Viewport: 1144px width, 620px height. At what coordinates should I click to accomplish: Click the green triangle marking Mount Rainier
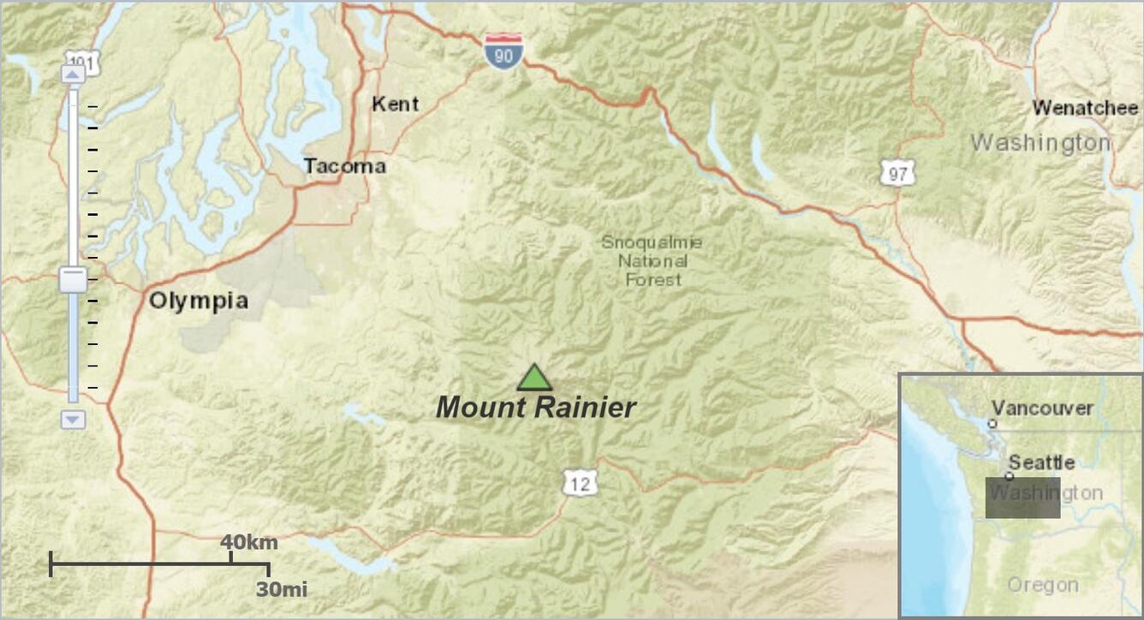tap(534, 379)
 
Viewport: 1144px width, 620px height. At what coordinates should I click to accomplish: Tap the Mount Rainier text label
tap(536, 408)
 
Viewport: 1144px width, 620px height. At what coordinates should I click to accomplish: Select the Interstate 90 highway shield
tap(503, 52)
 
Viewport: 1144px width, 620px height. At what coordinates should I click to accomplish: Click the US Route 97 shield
tap(897, 175)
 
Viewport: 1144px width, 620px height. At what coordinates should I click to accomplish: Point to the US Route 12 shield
tap(580, 485)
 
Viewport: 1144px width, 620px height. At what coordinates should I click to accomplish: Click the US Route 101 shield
tap(83, 62)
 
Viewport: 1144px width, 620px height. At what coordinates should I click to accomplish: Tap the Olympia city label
tap(199, 301)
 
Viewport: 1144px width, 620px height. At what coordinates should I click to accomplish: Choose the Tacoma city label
tap(344, 166)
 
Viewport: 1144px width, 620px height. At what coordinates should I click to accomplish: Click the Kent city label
tap(395, 104)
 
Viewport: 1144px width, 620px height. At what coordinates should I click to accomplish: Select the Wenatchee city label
tap(1085, 109)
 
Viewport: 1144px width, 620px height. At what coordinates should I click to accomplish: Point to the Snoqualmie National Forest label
tap(652, 261)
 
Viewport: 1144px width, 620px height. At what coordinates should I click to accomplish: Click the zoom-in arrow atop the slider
tap(73, 75)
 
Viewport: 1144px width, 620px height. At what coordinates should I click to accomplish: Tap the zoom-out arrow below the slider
tap(73, 420)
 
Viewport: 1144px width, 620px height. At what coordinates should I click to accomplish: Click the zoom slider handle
tap(73, 279)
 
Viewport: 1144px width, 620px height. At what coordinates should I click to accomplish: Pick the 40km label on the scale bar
tap(249, 542)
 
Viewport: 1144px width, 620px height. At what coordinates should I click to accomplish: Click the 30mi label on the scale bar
tap(282, 589)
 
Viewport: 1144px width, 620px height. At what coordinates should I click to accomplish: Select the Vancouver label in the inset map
tap(1043, 408)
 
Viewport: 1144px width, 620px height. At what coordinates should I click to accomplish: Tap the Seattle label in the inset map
tap(1041, 463)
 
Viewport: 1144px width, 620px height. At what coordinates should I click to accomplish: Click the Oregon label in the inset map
tap(1042, 586)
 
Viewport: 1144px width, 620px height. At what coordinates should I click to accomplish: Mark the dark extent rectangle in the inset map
tap(1022, 498)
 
